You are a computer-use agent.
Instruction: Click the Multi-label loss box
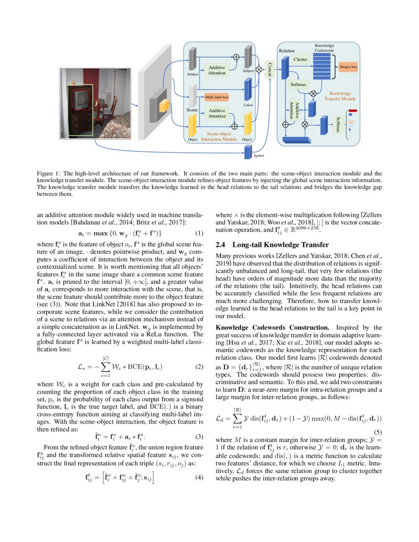click(x=216, y=97)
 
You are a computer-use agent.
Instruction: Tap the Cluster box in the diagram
click(x=300, y=60)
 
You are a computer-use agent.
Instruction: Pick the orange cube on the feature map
click(x=164, y=105)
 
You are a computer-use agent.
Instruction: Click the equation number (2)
click(x=199, y=367)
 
